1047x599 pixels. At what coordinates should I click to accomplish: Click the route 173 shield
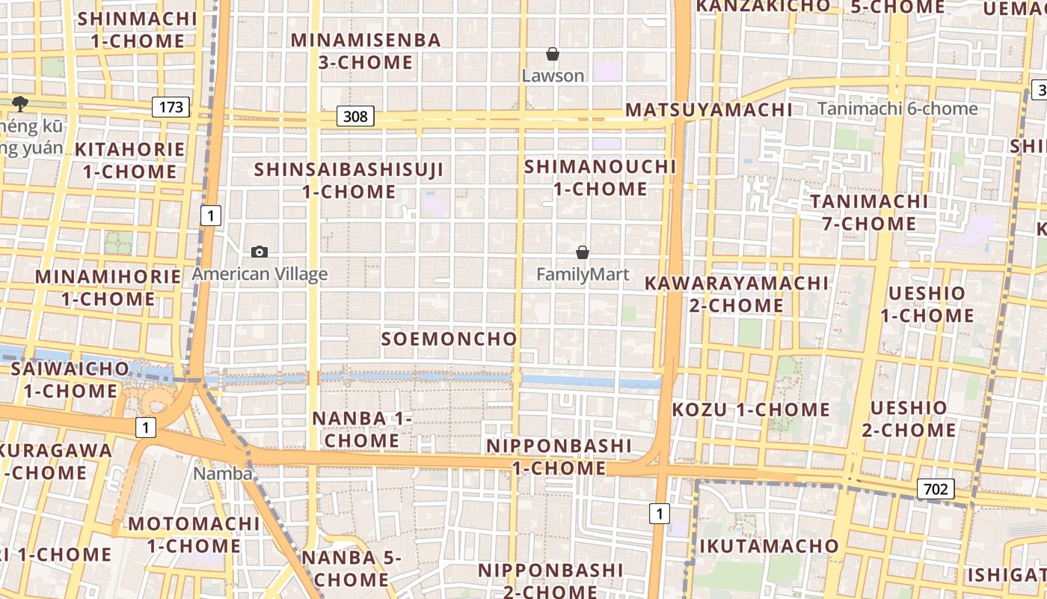tap(171, 107)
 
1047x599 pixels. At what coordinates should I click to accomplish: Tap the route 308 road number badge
tap(355, 116)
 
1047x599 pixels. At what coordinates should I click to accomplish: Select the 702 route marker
tap(935, 490)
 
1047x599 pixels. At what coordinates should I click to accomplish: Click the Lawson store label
tap(553, 76)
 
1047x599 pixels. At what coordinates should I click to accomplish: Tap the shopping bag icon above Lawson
tap(553, 54)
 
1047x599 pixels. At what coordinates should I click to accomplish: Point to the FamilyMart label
tap(583, 275)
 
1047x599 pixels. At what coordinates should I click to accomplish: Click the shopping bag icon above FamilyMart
tap(583, 253)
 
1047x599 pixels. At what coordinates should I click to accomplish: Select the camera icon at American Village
tap(260, 252)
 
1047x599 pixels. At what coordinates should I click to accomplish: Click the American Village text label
tap(260, 274)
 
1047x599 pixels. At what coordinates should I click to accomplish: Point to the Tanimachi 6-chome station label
tap(897, 109)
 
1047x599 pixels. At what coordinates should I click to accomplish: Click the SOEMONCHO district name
tap(449, 339)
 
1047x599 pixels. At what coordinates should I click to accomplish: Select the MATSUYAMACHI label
tap(708, 110)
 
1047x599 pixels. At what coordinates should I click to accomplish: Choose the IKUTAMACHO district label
tap(769, 546)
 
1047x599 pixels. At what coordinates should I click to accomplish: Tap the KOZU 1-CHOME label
tap(751, 410)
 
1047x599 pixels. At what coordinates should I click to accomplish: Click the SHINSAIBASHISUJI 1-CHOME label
tap(349, 180)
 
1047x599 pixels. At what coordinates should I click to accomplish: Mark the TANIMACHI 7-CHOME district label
tap(869, 213)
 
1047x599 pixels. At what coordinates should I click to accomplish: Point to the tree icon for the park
tap(19, 103)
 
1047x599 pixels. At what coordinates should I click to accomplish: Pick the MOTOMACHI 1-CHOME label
tap(194, 535)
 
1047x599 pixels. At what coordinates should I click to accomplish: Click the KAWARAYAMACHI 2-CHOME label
tap(737, 294)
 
